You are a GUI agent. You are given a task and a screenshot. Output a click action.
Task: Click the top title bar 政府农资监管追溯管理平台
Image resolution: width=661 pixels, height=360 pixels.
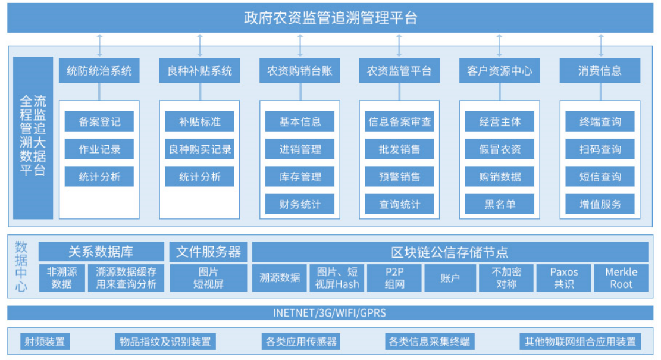tap(330, 18)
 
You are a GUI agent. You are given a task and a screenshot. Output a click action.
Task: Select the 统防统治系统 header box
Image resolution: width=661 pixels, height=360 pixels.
tap(99, 71)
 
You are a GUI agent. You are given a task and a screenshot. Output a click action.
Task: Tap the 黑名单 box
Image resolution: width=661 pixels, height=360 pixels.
tap(500, 204)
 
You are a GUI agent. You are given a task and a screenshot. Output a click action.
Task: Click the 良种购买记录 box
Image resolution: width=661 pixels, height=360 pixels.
tap(199, 149)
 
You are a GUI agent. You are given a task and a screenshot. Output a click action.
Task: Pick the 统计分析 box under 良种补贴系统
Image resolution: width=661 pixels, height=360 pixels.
tap(199, 176)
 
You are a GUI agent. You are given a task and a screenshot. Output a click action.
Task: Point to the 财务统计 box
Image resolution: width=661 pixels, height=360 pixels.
tap(300, 204)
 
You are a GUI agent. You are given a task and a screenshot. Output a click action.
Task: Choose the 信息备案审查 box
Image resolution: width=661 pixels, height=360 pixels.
tap(400, 121)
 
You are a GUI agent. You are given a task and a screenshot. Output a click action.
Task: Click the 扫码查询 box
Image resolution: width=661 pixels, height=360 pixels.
tap(600, 149)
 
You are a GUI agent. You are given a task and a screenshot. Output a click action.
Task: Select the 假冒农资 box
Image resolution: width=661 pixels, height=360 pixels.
tap(500, 149)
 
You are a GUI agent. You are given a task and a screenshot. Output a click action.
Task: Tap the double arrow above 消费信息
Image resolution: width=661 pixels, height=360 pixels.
tap(600, 45)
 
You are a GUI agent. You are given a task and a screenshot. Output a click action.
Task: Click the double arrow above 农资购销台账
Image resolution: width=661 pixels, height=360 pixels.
tap(300, 45)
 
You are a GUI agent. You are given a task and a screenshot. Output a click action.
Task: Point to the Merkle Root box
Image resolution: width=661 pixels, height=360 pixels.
tap(621, 278)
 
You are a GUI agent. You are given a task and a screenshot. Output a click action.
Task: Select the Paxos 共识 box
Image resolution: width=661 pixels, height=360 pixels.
tap(563, 278)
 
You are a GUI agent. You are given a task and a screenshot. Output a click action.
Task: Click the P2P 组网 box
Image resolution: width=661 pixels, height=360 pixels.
tap(394, 278)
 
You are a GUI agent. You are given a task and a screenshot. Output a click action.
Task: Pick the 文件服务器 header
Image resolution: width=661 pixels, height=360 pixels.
tap(208, 252)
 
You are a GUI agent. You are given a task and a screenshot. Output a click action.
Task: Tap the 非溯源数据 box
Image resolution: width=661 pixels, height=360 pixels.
tap(62, 278)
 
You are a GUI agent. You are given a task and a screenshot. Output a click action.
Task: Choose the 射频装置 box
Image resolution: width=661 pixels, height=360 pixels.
tap(45, 342)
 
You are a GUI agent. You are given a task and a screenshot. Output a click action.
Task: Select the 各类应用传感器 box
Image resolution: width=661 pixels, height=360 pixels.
tap(301, 342)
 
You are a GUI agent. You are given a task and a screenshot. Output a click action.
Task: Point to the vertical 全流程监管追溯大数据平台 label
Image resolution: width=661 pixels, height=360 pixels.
tap(33, 137)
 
